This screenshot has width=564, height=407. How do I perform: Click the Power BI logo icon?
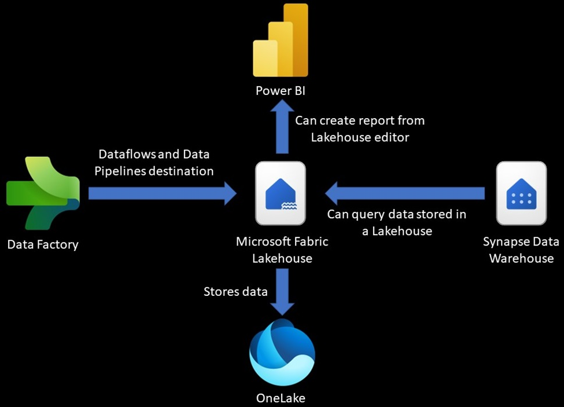point(281,42)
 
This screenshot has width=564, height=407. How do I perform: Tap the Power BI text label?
point(282,92)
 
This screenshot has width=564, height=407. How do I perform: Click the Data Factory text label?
point(43,245)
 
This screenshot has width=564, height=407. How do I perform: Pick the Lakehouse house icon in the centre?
point(281,193)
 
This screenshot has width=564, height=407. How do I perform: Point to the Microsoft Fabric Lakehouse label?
point(282,250)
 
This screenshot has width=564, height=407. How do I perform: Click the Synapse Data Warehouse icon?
point(521,193)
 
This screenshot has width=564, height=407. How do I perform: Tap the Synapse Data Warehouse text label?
point(521,250)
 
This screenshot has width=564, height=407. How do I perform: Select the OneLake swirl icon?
point(282,351)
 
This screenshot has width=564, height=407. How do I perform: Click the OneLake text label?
point(281,398)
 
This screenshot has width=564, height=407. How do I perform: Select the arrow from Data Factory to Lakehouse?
point(162,193)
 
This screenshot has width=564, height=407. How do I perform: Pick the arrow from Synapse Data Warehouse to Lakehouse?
point(405,192)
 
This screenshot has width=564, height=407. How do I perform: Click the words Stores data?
point(235,291)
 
